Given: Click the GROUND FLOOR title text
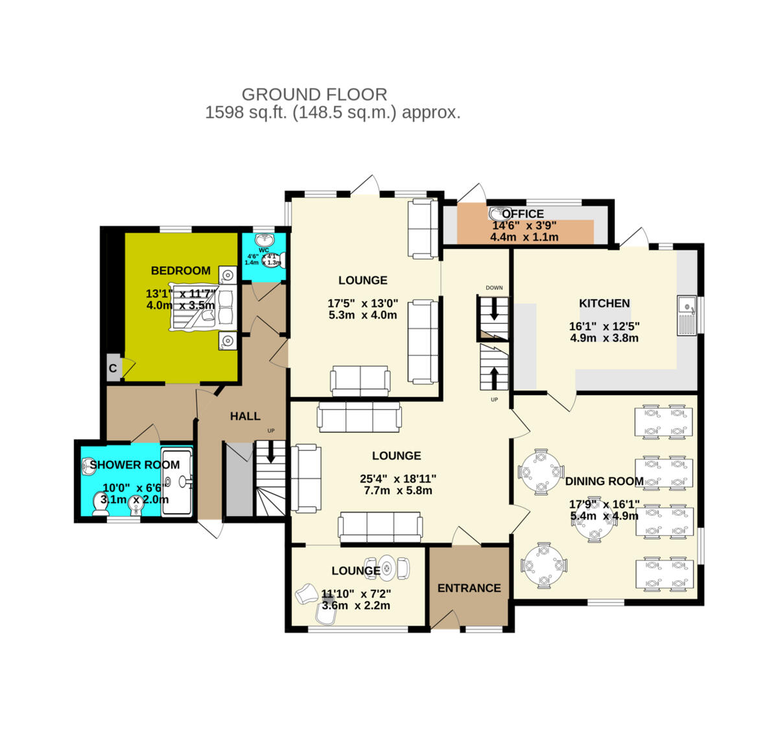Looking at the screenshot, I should click(314, 95).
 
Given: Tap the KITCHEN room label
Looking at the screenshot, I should click(604, 303).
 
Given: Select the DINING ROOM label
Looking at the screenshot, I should click(604, 481).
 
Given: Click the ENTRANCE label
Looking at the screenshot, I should click(469, 588).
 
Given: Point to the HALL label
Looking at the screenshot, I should click(245, 416).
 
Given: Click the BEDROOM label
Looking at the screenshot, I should click(180, 270).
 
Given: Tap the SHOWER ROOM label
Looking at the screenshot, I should click(134, 465).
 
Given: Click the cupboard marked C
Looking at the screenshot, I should click(113, 368).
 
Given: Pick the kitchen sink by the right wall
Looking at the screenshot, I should click(686, 315).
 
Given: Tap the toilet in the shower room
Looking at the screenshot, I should click(100, 504).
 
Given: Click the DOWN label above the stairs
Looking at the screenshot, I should click(494, 288).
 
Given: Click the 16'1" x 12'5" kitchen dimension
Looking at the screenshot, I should click(604, 327).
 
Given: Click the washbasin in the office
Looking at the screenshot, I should click(497, 213).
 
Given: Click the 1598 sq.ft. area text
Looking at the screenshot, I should click(246, 113).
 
